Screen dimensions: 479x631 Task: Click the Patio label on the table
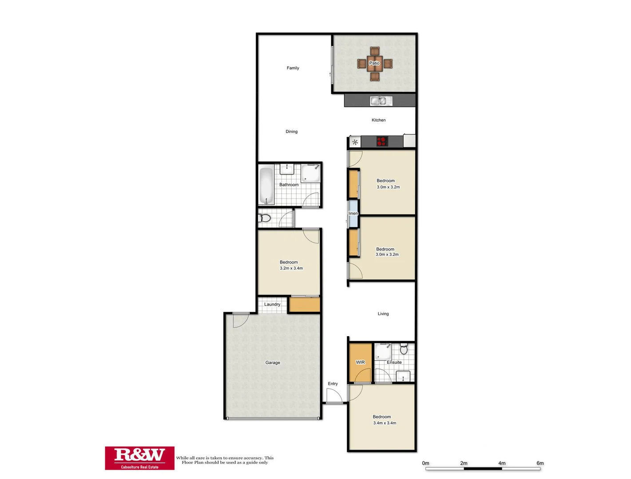374,63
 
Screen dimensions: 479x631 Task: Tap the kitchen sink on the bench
381,101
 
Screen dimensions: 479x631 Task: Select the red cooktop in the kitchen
382,142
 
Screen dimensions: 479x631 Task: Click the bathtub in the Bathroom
266,185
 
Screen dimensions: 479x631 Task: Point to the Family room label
293,68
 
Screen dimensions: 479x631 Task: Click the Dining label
291,132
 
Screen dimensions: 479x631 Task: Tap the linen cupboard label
353,213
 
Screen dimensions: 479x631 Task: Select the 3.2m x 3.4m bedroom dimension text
291,268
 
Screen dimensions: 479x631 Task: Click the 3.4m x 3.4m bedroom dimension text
385,423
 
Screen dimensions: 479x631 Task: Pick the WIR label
360,362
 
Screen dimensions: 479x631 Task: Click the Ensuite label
394,362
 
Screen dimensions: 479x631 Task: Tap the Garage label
273,363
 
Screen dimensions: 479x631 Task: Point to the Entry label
333,384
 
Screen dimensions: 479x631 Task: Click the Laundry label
272,305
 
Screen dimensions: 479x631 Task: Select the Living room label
383,314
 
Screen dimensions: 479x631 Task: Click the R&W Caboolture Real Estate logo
139,458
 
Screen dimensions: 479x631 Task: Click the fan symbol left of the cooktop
355,142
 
